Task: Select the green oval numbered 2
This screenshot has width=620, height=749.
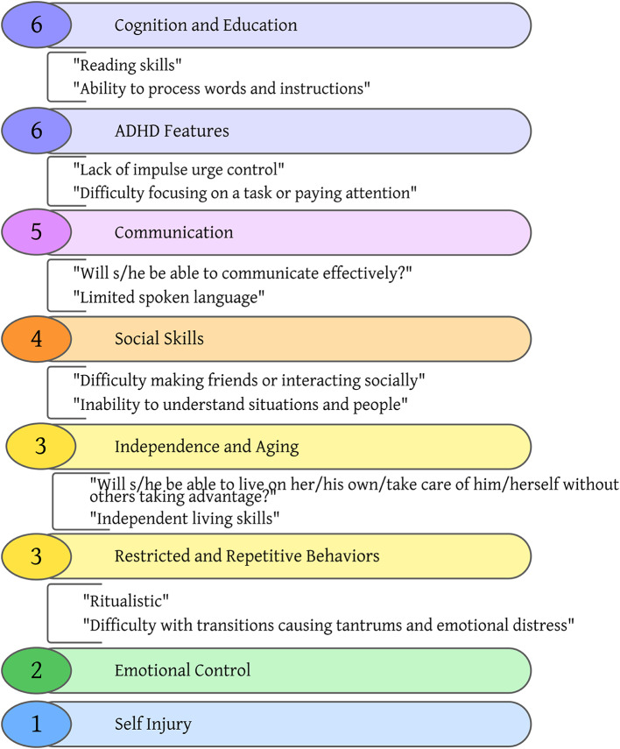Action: pyautogui.click(x=36, y=671)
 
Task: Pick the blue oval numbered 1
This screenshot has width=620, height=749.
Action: pyautogui.click(x=36, y=724)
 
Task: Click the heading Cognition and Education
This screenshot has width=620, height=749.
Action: pyautogui.click(x=206, y=25)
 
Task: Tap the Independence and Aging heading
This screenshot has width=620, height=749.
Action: pyautogui.click(x=207, y=447)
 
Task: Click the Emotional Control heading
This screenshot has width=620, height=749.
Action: pyautogui.click(x=182, y=671)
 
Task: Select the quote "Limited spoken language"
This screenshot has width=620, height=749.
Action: pyautogui.click(x=169, y=297)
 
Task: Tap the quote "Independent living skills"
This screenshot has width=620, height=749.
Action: pyautogui.click(x=184, y=518)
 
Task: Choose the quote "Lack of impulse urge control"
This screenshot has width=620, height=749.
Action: pyautogui.click(x=180, y=167)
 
